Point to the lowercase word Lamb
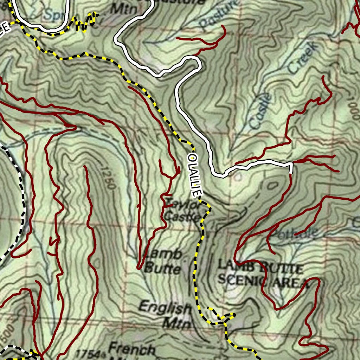[x=164, y=254]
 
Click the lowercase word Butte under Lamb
[x=162, y=269]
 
